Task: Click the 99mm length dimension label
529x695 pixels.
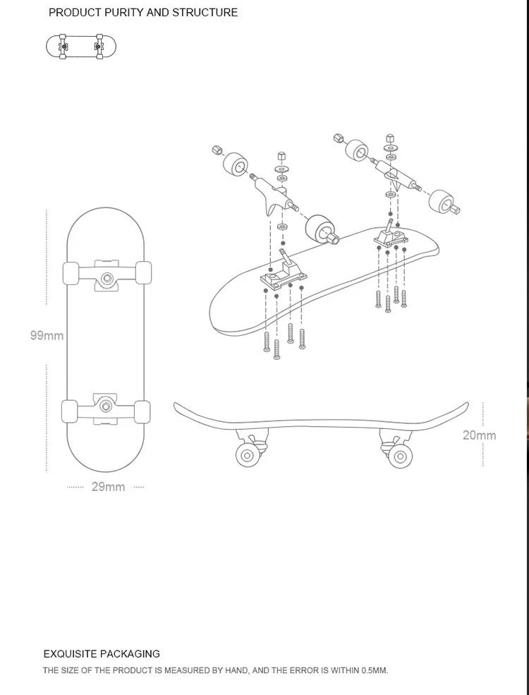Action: [x=47, y=336]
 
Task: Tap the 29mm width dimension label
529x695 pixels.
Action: [x=108, y=487]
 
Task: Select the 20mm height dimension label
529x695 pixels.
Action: [x=479, y=435]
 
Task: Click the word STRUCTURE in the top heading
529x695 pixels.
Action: [x=205, y=13]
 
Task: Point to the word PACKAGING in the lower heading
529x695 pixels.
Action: [x=130, y=654]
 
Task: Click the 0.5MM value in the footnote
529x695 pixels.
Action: [x=375, y=670]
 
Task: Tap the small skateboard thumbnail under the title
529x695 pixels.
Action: [x=81, y=46]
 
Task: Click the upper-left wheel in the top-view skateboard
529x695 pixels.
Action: [x=71, y=272]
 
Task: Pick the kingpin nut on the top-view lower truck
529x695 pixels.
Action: [x=107, y=405]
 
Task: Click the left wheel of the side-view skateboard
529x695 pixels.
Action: [x=248, y=454]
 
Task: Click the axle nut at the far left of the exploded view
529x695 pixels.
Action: [x=217, y=150]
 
